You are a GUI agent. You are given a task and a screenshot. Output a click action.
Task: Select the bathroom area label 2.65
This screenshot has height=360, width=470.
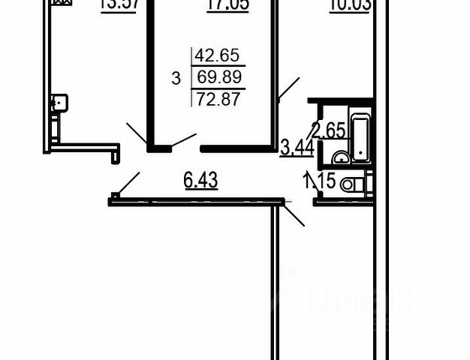[x=328, y=130]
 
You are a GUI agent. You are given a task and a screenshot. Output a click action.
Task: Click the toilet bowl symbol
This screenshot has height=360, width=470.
[x=351, y=184]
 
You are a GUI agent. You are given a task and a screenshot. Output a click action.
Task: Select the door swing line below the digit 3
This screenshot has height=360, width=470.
[x=184, y=140]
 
